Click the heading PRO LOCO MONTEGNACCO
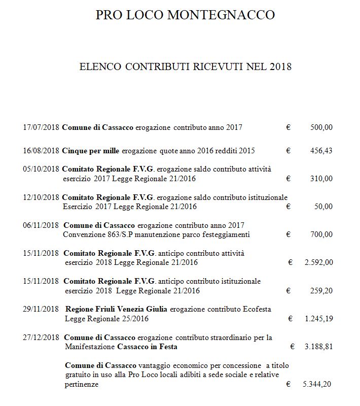point(185,15)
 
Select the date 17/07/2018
point(41,127)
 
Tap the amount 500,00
point(321,127)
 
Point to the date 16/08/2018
point(41,151)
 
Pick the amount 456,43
point(321,151)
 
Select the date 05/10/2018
point(41,169)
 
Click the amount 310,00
point(321,179)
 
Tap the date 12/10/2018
point(41,197)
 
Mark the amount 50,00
point(323,207)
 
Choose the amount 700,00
point(321,234)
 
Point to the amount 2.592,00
point(318,262)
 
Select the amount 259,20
point(321,291)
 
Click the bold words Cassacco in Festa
point(147,347)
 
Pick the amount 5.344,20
point(317,384)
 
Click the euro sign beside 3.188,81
point(293,347)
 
